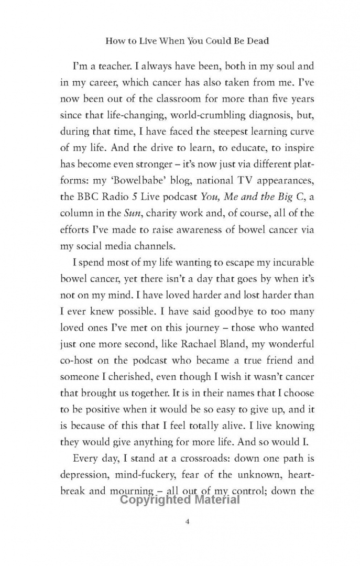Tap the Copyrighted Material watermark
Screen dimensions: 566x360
180,499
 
